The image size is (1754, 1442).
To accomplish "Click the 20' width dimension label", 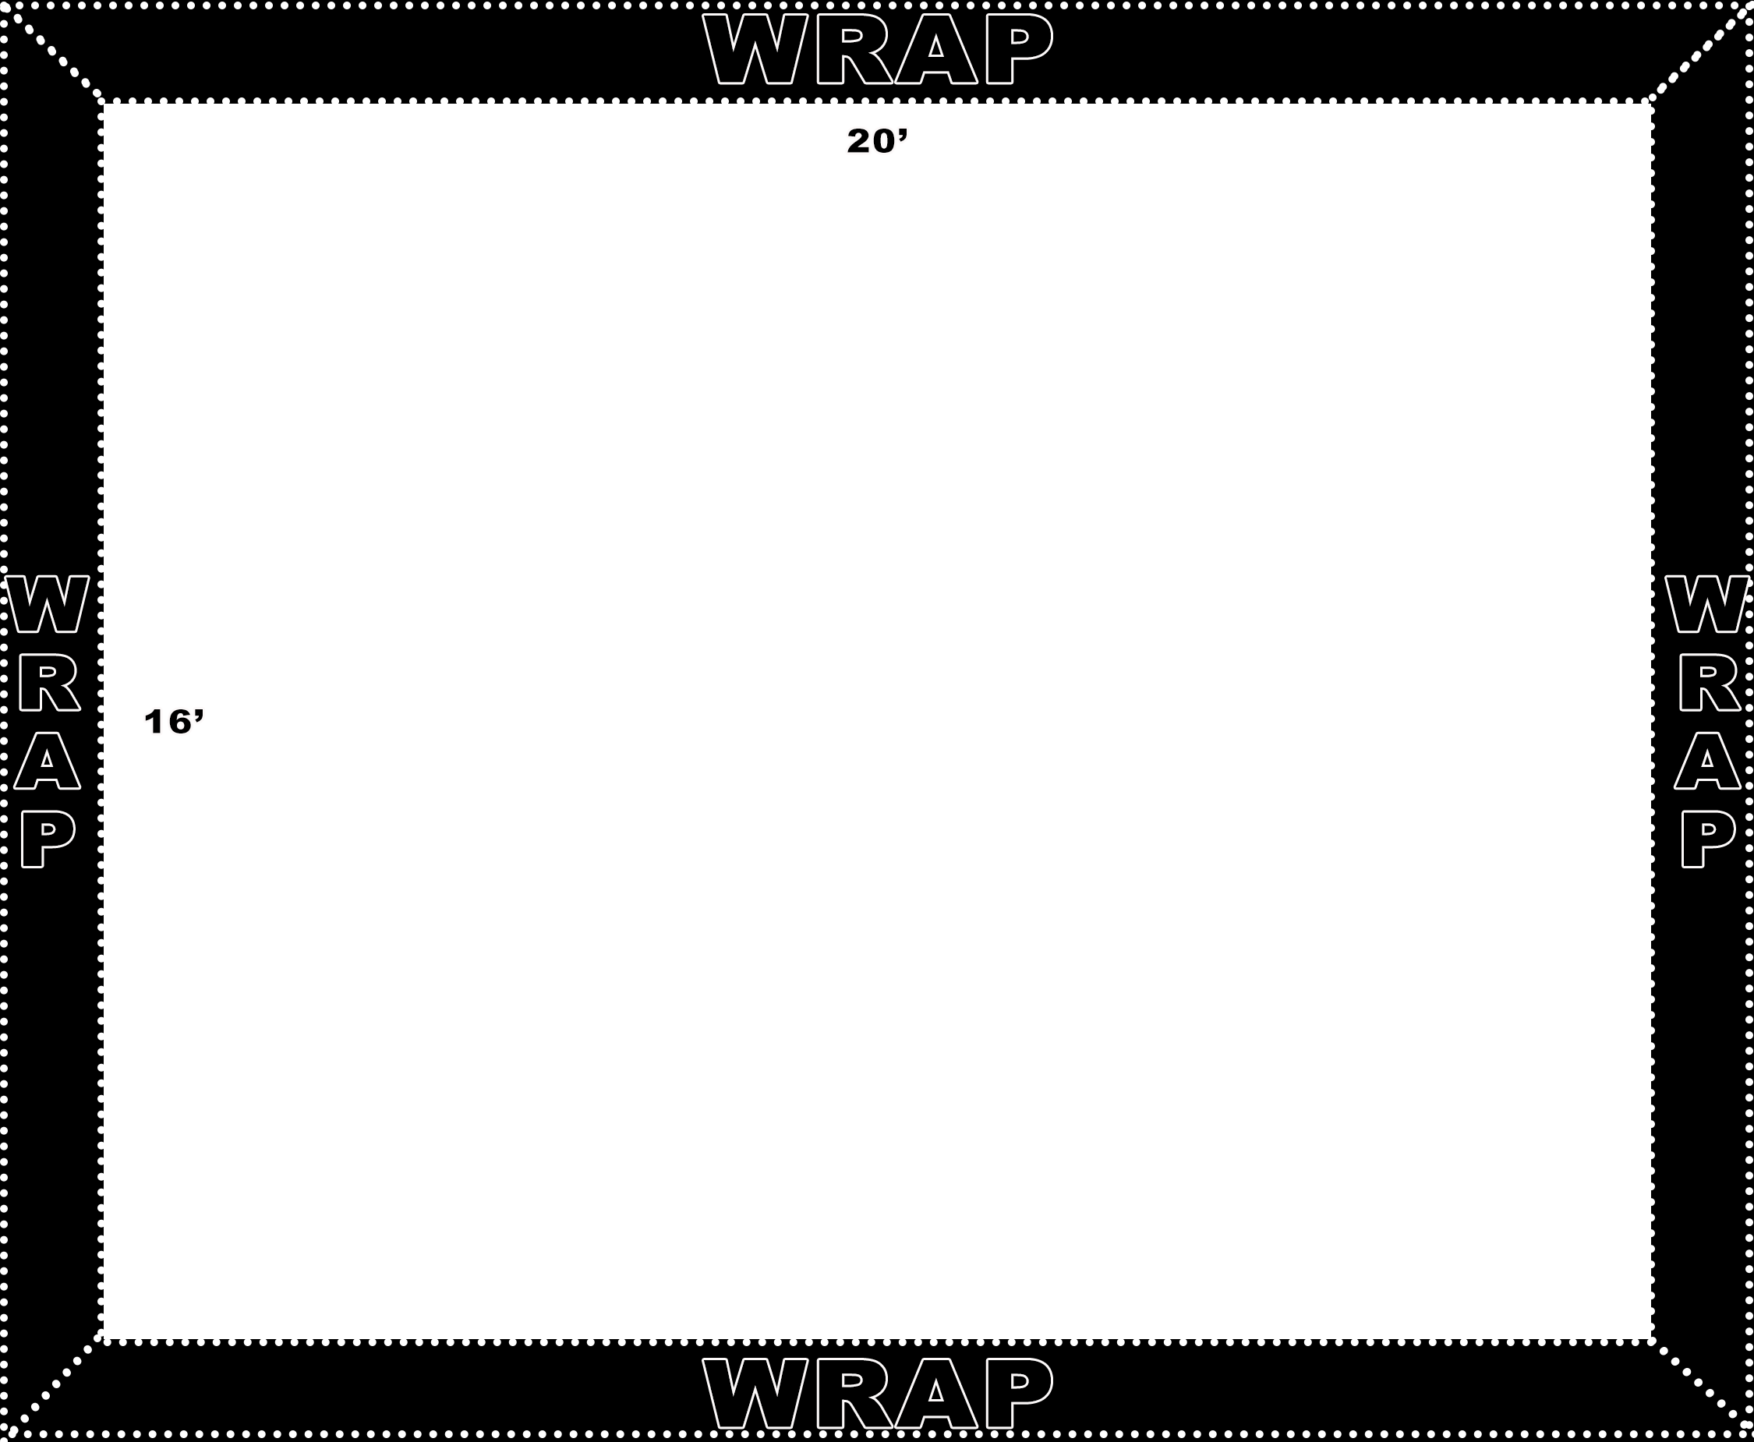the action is pos(878,141).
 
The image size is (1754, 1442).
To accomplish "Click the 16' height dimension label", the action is pos(174,722).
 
